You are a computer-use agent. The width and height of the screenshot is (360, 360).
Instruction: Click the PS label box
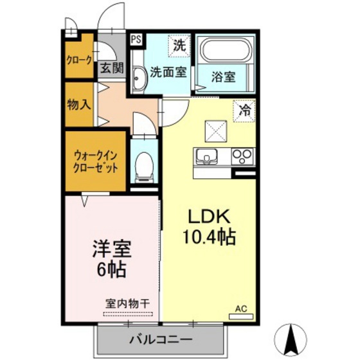point(136,39)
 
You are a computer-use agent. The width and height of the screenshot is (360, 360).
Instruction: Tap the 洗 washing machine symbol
point(180,46)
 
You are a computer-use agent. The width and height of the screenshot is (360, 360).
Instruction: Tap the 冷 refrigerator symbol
point(244,110)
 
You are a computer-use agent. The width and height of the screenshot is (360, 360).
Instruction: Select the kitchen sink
point(207,156)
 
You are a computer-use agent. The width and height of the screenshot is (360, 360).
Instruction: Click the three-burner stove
point(243,156)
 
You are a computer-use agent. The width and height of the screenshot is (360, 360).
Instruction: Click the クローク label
point(79,62)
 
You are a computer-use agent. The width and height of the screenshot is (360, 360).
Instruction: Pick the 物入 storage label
point(79,104)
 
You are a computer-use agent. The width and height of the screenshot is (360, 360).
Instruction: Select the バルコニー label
point(160,339)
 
